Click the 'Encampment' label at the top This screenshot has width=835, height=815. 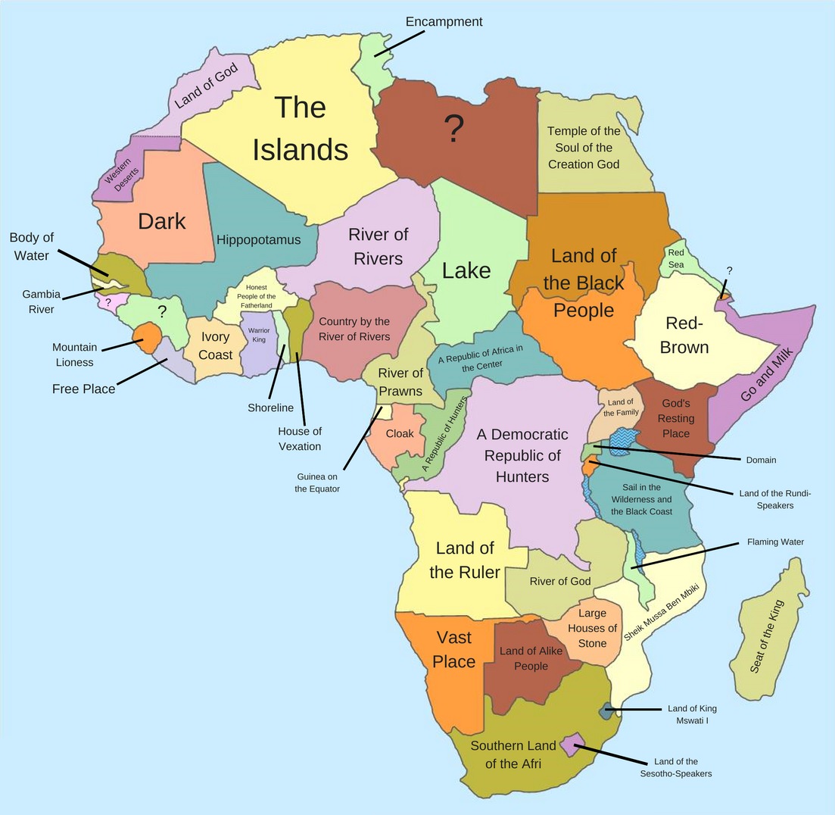pyautogui.click(x=444, y=21)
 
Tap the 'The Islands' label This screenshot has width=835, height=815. pyautogui.click(x=300, y=128)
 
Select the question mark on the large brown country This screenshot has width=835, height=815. pyautogui.click(x=453, y=130)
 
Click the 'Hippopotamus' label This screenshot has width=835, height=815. pyautogui.click(x=258, y=240)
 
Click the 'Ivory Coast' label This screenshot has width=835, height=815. pyautogui.click(x=216, y=345)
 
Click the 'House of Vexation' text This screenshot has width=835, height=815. pyautogui.click(x=300, y=439)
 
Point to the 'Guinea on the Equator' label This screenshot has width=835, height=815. pyautogui.click(x=317, y=482)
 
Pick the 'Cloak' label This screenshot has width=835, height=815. pyautogui.click(x=399, y=434)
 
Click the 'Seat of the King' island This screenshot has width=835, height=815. pyautogui.click(x=766, y=636)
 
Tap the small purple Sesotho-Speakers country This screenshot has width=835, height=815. pyautogui.click(x=573, y=744)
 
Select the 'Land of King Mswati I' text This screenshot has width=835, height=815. pyautogui.click(x=692, y=714)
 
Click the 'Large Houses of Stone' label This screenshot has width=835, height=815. pyautogui.click(x=592, y=628)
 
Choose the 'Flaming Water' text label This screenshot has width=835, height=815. pyautogui.click(x=775, y=542)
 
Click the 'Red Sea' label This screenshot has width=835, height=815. pyautogui.click(x=675, y=258)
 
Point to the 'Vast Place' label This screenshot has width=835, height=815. pyautogui.click(x=453, y=650)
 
